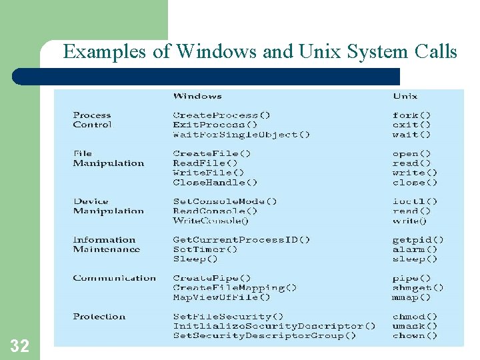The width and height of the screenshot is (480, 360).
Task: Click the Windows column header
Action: [197, 96]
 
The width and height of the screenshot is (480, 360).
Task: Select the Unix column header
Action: [405, 96]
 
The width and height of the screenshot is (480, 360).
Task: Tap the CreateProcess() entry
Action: [221, 115]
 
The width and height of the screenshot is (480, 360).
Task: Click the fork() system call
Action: [411, 115]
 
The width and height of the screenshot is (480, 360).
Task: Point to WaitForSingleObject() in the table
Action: [241, 135]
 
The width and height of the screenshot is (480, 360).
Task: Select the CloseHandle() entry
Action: [215, 182]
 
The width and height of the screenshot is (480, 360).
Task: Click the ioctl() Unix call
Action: [415, 201]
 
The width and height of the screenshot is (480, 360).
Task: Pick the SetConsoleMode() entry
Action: [225, 201]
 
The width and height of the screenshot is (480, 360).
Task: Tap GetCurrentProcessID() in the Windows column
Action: [241, 240]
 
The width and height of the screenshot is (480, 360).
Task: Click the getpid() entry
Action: [418, 240]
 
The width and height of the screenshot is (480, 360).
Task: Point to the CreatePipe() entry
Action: [211, 278]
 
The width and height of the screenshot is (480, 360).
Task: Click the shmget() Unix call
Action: [418, 288]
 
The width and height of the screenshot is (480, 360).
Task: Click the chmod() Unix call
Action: [415, 317]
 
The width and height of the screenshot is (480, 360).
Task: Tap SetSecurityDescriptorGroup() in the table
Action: [264, 336]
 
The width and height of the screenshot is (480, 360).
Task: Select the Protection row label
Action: [99, 317]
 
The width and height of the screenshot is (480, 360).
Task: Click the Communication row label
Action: [114, 278]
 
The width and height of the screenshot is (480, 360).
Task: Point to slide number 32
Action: [19, 345]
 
